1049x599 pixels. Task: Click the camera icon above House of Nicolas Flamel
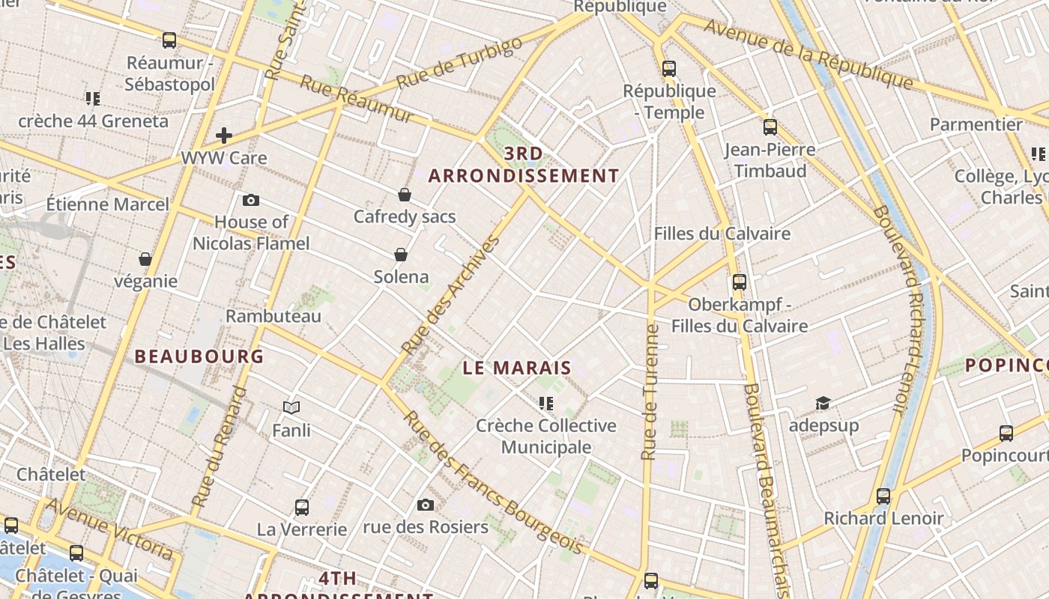(x=251, y=200)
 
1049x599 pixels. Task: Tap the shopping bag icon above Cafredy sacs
(x=405, y=195)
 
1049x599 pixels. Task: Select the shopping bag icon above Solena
(x=401, y=255)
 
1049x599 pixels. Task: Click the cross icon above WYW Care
(x=223, y=136)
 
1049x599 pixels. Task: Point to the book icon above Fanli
(x=291, y=408)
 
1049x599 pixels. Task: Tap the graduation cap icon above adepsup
(x=823, y=404)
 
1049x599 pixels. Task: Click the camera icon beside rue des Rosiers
(x=426, y=505)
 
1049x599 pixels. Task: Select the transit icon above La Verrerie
(x=302, y=508)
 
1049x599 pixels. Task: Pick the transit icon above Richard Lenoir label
(x=883, y=496)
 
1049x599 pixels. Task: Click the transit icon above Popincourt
(x=1006, y=434)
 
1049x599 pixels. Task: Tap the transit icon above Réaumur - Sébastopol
(x=169, y=40)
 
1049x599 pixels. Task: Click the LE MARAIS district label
(x=517, y=368)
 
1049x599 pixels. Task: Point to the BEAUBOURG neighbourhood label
(x=199, y=356)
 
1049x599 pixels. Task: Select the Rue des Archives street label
(x=451, y=295)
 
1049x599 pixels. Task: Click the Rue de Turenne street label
(x=650, y=392)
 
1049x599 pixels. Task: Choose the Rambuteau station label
(x=273, y=316)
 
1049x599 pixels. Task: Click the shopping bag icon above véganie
(x=145, y=259)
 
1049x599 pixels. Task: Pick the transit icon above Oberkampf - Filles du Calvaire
(x=740, y=282)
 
